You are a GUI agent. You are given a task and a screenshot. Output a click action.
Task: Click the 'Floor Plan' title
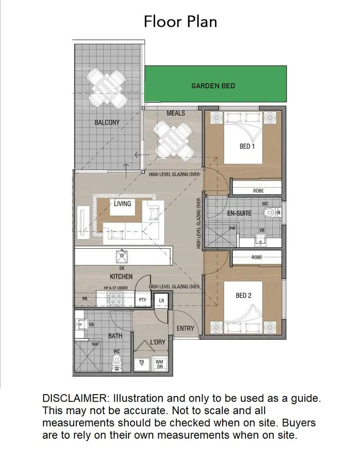click(180, 22)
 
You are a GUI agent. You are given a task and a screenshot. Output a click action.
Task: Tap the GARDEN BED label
click(213, 86)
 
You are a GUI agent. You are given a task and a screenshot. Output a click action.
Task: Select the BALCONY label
click(107, 122)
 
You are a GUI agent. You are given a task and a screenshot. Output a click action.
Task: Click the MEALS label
click(176, 113)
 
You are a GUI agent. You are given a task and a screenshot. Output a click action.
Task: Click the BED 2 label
click(243, 296)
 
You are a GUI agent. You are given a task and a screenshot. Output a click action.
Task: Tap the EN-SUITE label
click(239, 213)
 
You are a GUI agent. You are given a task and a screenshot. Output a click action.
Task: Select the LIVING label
click(122, 204)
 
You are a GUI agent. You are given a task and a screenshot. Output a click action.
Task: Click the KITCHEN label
click(121, 276)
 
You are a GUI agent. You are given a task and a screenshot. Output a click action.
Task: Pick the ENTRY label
click(185, 328)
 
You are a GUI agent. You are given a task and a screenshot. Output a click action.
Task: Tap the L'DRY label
click(158, 343)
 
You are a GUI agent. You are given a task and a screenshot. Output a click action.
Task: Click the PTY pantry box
click(143, 300)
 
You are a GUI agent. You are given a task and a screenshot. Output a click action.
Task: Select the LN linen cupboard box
click(162, 300)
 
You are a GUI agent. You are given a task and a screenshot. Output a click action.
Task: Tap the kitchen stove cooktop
click(116, 300)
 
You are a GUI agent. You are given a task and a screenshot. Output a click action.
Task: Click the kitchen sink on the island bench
click(122, 256)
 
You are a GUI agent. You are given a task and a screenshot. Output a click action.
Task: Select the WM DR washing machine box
click(160, 364)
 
